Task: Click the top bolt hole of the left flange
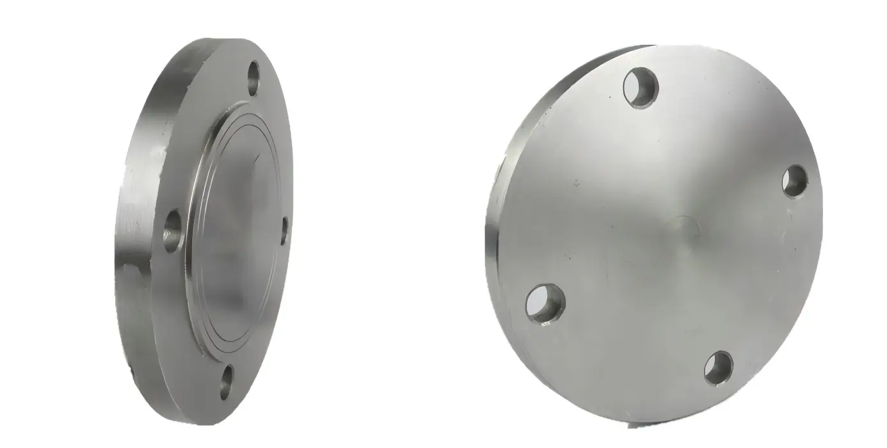[254, 78]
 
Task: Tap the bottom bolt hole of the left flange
[227, 383]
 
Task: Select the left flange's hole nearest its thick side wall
[173, 231]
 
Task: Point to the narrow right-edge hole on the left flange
[284, 231]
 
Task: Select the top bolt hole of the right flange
[641, 88]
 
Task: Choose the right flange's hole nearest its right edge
[795, 181]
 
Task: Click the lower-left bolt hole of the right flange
[545, 303]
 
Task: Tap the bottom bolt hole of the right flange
[718, 368]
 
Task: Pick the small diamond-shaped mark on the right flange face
[577, 183]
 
